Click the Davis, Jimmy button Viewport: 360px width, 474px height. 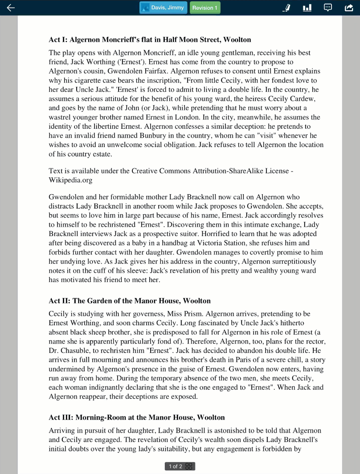pyautogui.click(x=163, y=8)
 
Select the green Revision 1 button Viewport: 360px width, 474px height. pyautogui.click(x=205, y=8)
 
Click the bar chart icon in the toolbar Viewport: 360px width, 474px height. pyautogui.click(x=307, y=8)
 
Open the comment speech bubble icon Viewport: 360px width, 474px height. pyautogui.click(x=327, y=8)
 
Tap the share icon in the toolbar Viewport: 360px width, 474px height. pyautogui.click(x=349, y=8)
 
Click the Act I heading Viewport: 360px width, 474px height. pyautogui.click(x=150, y=40)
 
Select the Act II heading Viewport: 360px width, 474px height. pyautogui.click(x=130, y=301)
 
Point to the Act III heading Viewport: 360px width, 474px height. pyautogui.click(x=137, y=417)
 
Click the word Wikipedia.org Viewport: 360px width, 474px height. pyautogui.click(x=70, y=180)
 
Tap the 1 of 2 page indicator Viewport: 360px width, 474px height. pyautogui.click(x=180, y=466)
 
